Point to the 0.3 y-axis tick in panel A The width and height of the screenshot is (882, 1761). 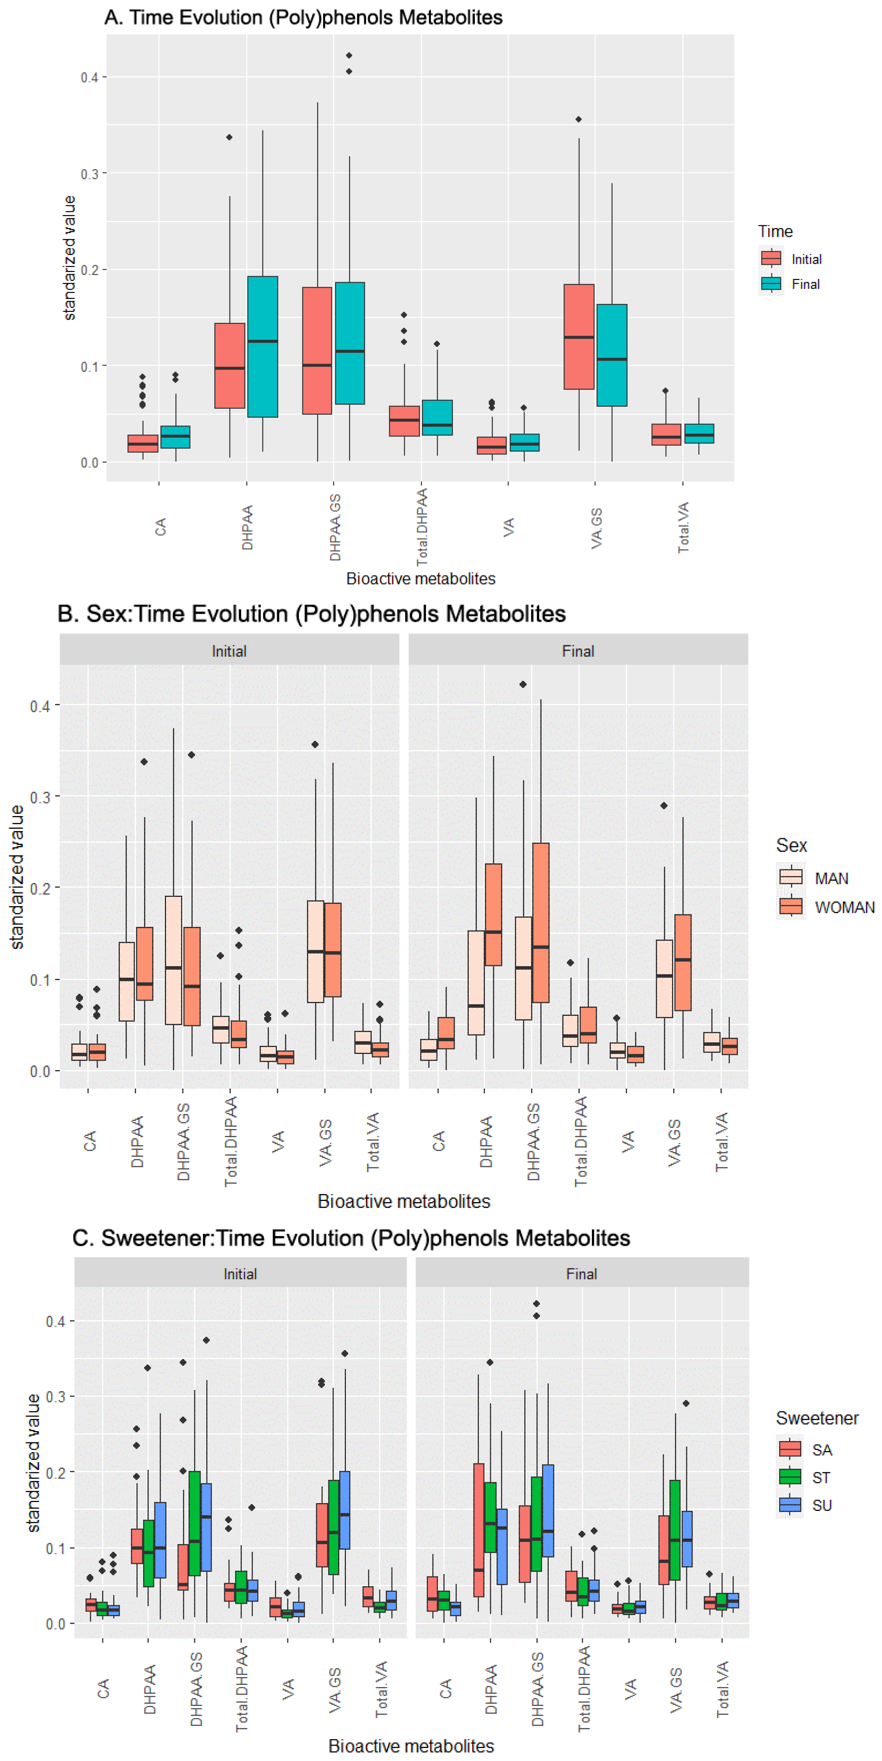click(x=89, y=174)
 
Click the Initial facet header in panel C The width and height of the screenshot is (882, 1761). click(x=240, y=1274)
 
